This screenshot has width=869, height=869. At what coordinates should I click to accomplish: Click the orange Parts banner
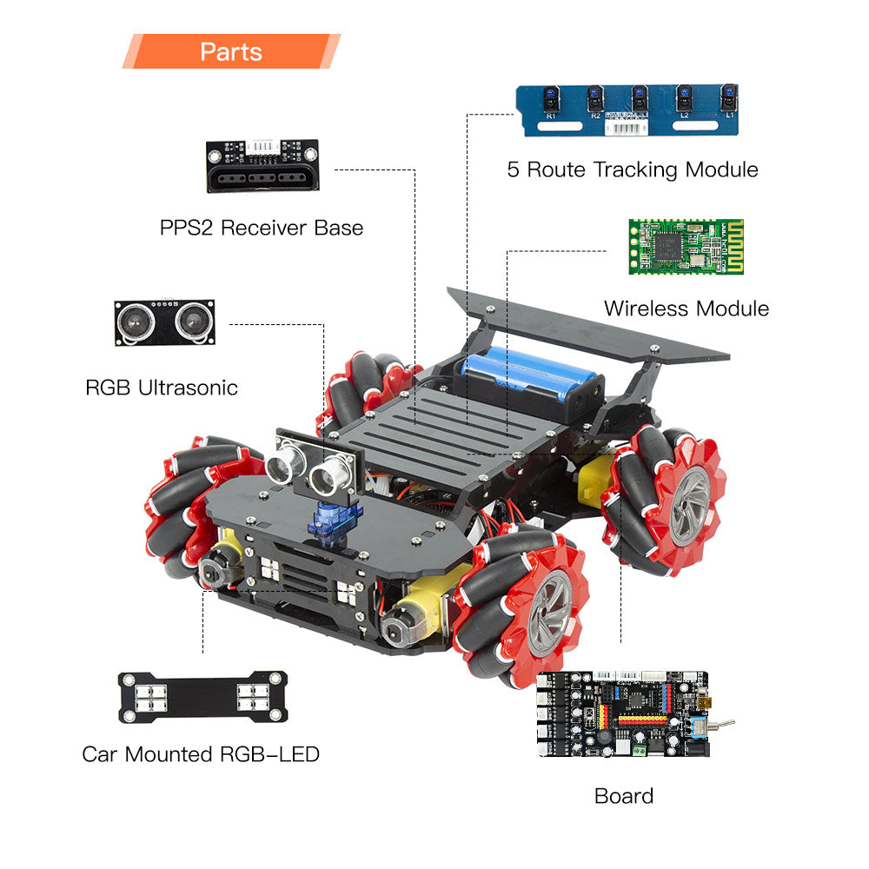point(230,51)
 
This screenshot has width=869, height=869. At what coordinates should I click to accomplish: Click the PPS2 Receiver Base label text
point(262,229)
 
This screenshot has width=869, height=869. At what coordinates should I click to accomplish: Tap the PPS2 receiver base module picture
point(262,166)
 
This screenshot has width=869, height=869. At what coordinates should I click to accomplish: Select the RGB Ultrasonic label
point(162,388)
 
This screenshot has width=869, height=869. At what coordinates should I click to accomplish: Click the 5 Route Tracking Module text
point(633,169)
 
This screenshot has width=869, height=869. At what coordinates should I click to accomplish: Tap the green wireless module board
point(687,247)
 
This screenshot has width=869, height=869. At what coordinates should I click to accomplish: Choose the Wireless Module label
point(687,308)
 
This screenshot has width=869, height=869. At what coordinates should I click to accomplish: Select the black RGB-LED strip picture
point(202,696)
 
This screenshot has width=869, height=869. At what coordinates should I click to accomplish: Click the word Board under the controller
point(624,795)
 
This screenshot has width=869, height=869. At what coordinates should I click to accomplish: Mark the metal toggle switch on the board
point(720,723)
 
